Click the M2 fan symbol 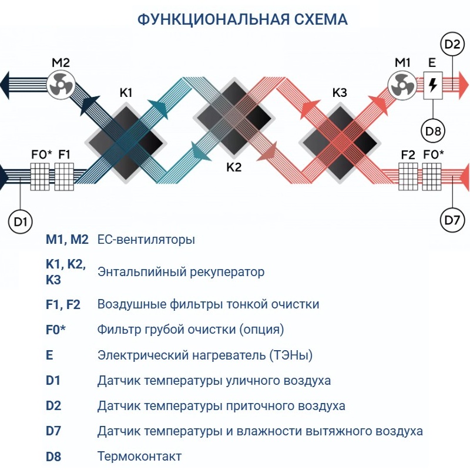click(x=61, y=86)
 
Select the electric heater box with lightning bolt click(x=433, y=85)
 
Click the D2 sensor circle click(x=452, y=45)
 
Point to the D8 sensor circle click(x=433, y=131)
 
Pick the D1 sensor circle click(x=21, y=221)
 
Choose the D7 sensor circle click(x=452, y=221)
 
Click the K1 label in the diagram click(x=126, y=92)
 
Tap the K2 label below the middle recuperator click(x=234, y=167)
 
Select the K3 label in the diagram click(x=340, y=92)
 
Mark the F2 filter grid click(x=408, y=174)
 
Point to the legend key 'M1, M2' click(x=67, y=240)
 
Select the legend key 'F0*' click(x=56, y=330)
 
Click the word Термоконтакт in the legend click(x=139, y=456)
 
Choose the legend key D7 click(x=53, y=431)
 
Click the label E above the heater click(x=432, y=62)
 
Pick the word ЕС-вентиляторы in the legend click(x=146, y=240)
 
